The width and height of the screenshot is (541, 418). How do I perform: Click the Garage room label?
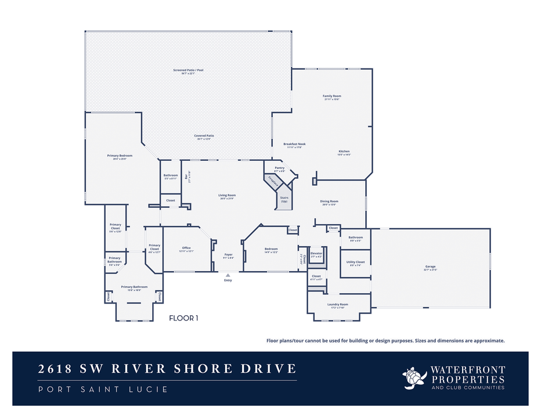430,267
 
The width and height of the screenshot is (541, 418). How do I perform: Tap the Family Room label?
331,96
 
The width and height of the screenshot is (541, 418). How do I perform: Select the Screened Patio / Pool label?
188,70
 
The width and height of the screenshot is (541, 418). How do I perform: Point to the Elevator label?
316,253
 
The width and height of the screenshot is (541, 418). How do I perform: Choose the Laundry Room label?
337,304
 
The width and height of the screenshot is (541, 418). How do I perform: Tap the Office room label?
186,248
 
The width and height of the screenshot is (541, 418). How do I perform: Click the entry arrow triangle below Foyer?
228,275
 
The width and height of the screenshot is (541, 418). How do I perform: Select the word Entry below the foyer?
228,280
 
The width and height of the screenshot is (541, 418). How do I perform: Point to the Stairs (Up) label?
284,199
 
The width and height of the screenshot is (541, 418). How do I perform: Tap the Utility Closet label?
356,262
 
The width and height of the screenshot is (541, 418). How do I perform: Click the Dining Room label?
329,201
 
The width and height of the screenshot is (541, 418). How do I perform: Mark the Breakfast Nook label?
294,144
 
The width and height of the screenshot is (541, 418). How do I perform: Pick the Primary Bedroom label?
120,156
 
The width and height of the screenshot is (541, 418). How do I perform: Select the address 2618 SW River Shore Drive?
167,369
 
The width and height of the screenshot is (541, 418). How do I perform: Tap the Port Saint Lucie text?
103,389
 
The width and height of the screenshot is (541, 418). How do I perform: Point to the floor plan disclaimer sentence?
385,341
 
